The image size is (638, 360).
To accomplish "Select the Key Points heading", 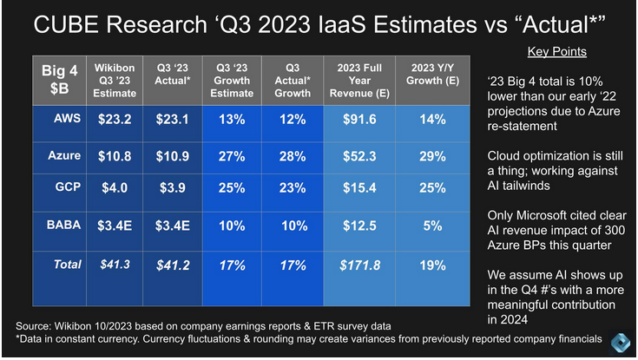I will point(556,51).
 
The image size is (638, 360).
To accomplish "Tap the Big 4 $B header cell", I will point(60,80).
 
